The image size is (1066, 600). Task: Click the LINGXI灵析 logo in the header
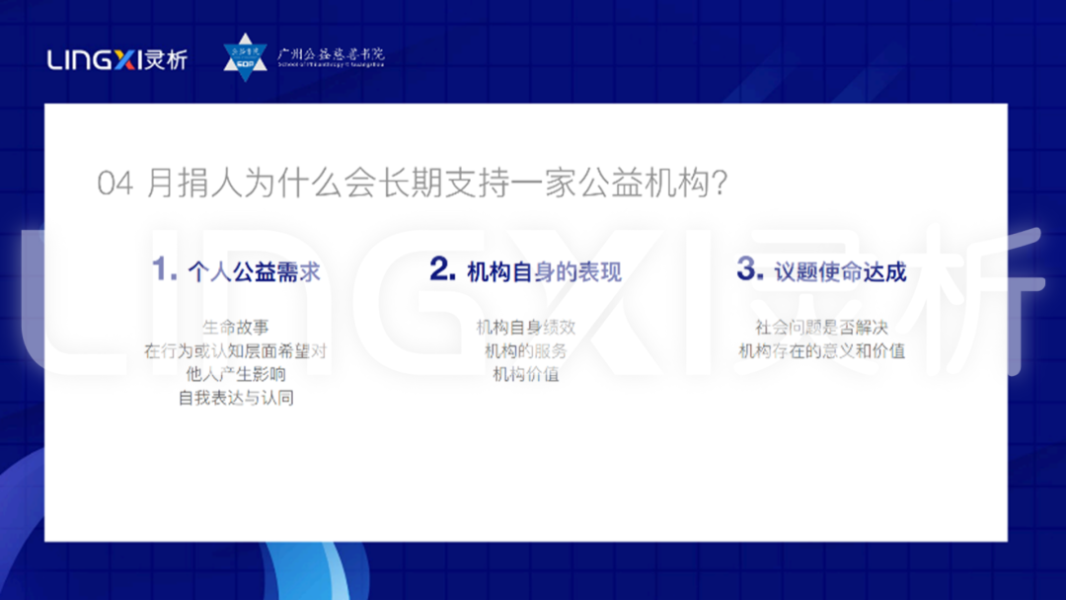coord(116,59)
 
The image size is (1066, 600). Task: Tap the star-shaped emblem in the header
coord(245,57)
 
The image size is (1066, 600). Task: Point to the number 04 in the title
coord(114,185)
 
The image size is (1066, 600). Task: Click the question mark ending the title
coord(720,185)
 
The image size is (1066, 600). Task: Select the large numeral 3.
coord(749,269)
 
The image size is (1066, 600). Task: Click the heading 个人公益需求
coord(254,272)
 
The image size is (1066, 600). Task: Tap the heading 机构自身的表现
coord(544,272)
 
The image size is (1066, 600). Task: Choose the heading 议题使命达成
coord(840,272)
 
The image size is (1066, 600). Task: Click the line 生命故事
coord(235,327)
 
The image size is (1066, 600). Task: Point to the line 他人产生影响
coord(235,375)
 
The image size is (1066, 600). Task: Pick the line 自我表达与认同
coord(235,399)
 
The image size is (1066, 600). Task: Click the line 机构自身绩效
coord(525,327)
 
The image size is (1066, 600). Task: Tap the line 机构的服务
coord(525,350)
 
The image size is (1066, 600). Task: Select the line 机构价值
coord(525,375)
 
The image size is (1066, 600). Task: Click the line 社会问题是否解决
coord(821,327)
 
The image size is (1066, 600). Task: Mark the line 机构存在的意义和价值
coord(821,350)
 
